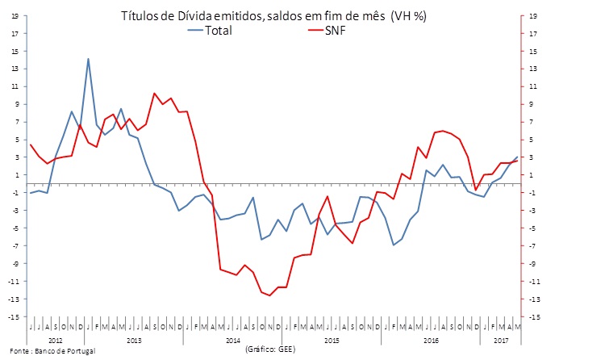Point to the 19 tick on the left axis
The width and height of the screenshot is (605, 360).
(x=15, y=15)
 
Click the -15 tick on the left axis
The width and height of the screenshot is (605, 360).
(x=14, y=317)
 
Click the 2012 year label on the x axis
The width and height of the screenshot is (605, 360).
(x=56, y=341)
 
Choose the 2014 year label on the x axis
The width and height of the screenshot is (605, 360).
(x=234, y=341)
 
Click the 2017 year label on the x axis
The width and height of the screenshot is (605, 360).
(x=502, y=341)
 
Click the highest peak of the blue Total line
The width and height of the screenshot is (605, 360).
(x=88, y=59)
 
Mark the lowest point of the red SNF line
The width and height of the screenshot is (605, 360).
(x=270, y=295)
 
